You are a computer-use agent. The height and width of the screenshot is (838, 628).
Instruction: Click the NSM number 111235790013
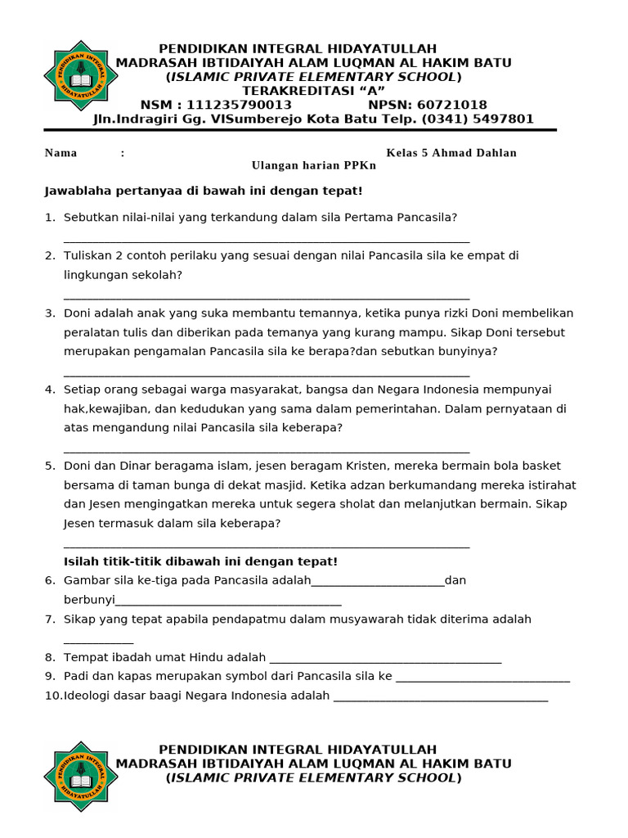[x=239, y=105]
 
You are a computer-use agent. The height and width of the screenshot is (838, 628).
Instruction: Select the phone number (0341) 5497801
[x=478, y=119]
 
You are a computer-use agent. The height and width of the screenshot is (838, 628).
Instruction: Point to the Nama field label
[x=61, y=153]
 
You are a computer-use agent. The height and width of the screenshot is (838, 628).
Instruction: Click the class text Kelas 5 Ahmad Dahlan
[x=451, y=153]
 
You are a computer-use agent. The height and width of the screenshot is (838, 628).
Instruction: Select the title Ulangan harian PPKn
[x=313, y=165]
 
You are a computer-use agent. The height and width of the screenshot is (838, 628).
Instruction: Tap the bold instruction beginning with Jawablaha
[x=203, y=191]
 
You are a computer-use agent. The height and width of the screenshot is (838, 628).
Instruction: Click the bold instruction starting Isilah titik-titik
[x=200, y=561]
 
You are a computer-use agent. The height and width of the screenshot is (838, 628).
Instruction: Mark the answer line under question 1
[x=266, y=241]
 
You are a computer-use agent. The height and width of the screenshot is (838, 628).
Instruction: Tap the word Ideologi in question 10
[x=88, y=696]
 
